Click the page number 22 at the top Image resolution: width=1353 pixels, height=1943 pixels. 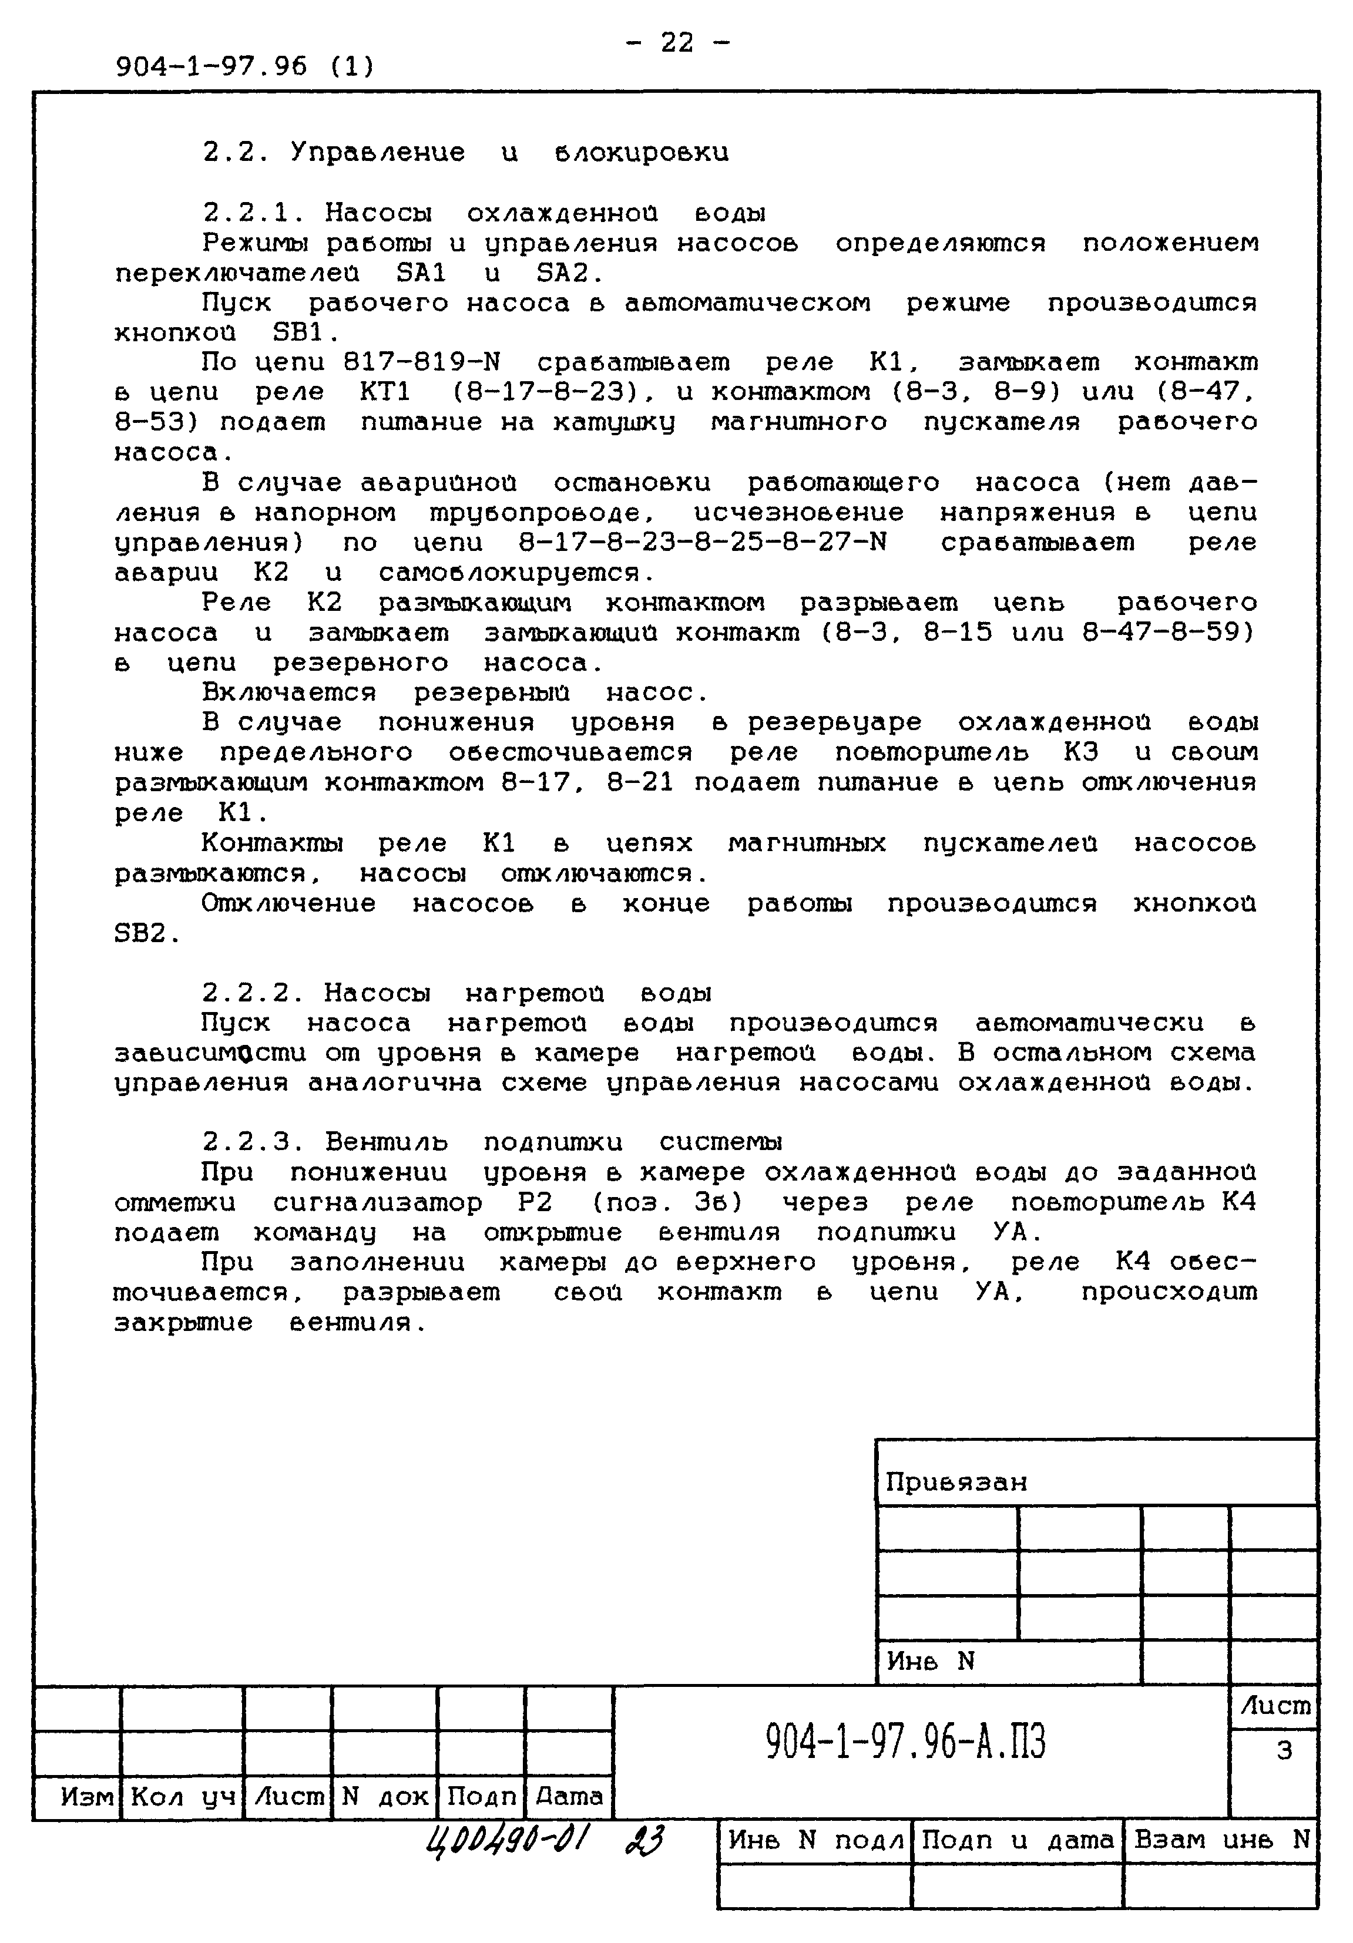(x=677, y=42)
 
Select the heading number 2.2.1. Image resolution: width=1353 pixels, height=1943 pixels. (x=253, y=213)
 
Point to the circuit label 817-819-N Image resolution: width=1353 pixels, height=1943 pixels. (x=422, y=363)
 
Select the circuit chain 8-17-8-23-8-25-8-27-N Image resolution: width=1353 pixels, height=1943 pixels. (x=703, y=543)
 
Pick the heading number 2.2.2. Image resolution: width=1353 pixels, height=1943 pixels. (x=253, y=993)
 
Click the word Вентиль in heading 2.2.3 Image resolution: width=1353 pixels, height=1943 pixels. (x=386, y=1142)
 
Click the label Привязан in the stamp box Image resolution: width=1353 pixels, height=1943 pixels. (x=956, y=1483)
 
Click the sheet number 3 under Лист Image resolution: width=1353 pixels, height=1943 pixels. (x=1284, y=1750)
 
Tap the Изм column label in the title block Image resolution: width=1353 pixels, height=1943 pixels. (x=86, y=1797)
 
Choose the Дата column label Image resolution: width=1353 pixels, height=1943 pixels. (x=569, y=1797)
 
